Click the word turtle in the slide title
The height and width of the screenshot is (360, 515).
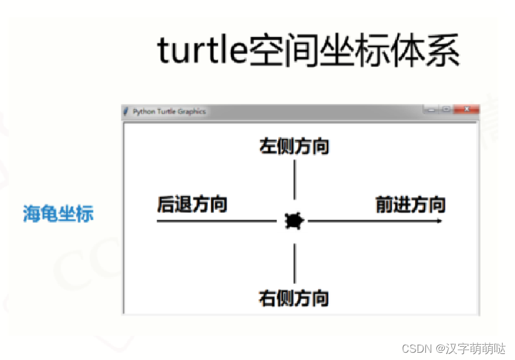pos(202,51)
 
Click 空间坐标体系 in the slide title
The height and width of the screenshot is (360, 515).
pos(354,51)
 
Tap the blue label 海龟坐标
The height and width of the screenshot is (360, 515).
pos(59,213)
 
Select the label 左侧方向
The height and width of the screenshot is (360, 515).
pos(294,147)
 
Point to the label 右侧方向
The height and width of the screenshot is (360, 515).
pos(294,298)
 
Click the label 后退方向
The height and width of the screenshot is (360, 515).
pos(192,204)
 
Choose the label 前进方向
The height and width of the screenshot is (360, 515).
pos(410,205)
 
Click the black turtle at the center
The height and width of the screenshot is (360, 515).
pos(294,221)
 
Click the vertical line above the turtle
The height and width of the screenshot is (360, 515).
pos(294,179)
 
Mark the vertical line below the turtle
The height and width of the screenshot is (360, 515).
pos(294,264)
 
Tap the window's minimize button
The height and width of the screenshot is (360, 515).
pos(431,110)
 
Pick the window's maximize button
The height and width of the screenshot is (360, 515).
pos(447,110)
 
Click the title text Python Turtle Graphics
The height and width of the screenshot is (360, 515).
pos(169,112)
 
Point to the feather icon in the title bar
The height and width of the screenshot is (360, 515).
pos(126,112)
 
